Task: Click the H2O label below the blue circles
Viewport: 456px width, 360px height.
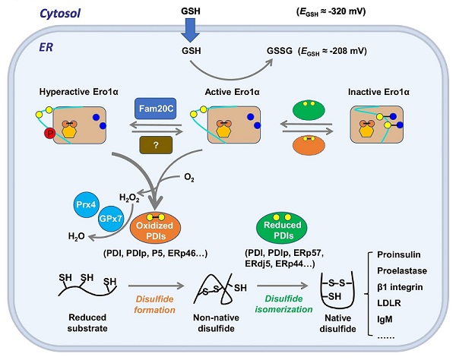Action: click(75, 237)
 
